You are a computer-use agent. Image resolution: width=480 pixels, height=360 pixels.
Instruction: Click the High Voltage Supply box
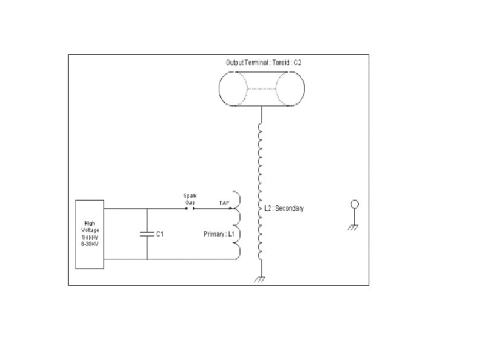click(89, 234)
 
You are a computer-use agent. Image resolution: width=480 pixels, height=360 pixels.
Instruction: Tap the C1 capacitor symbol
click(146, 234)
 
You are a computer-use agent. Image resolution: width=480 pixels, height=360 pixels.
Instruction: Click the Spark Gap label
click(189, 198)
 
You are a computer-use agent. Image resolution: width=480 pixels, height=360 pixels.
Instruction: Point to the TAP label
click(224, 203)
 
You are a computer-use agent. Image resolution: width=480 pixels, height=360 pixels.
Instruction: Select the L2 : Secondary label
click(284, 209)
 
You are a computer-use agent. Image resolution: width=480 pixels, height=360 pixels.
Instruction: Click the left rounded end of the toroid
click(233, 89)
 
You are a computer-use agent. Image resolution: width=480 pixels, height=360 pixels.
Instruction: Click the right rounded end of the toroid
click(290, 89)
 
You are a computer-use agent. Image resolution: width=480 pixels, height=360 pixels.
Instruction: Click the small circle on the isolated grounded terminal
click(355, 205)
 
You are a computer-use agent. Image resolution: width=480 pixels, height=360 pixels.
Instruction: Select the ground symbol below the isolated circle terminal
click(355, 227)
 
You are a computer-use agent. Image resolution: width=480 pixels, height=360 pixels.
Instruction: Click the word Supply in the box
click(89, 237)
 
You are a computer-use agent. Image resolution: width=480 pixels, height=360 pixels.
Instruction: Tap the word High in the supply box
click(89, 223)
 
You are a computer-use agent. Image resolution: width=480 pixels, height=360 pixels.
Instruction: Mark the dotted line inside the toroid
click(261, 89)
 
